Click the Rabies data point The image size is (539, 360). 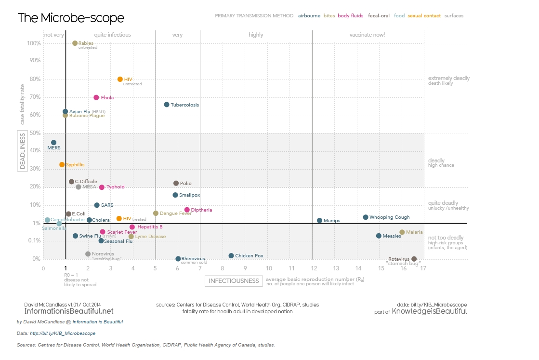(75, 43)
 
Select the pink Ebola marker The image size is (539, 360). (96, 97)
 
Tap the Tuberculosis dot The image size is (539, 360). (167, 105)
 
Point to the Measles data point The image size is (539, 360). (379, 236)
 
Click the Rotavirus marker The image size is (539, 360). (414, 259)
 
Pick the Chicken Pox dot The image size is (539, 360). (231, 255)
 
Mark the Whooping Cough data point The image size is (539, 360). (366, 217)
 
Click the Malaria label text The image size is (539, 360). (414, 232)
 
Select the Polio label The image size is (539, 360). (186, 184)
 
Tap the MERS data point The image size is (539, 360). (53, 143)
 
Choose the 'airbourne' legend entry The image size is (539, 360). (309, 16)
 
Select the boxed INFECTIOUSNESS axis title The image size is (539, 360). (234, 281)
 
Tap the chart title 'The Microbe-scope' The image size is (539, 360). (71, 18)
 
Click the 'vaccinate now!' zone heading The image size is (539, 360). (367, 35)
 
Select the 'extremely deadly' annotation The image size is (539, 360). (448, 78)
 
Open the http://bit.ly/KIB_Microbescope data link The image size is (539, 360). (63, 333)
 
